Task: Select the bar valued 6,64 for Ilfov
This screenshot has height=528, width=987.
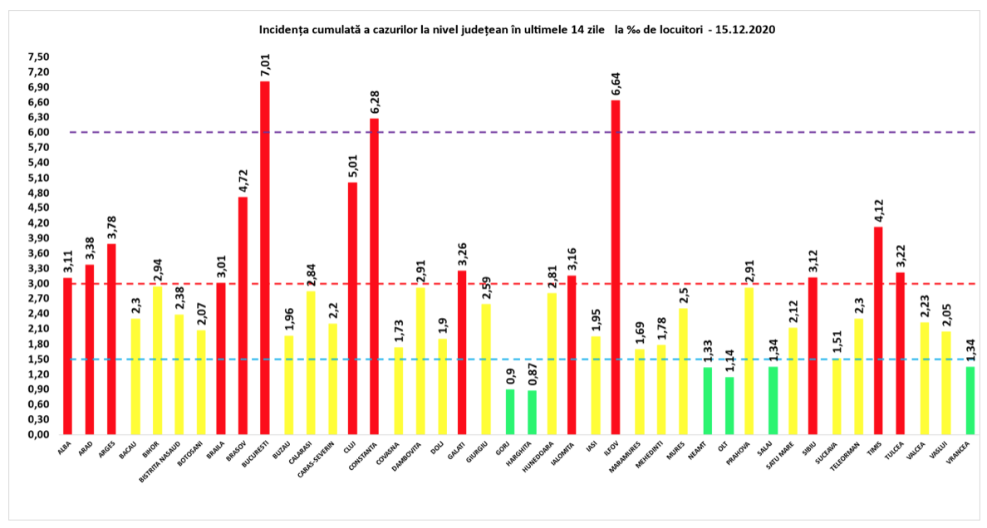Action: point(616,266)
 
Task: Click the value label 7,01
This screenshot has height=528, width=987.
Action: point(265,66)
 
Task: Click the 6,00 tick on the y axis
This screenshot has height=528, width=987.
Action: point(39,132)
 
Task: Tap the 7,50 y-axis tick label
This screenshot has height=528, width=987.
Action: point(39,56)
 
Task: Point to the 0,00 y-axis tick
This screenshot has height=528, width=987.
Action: point(39,434)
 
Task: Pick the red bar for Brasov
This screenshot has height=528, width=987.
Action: point(243,315)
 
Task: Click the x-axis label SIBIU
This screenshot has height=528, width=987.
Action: point(813,449)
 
